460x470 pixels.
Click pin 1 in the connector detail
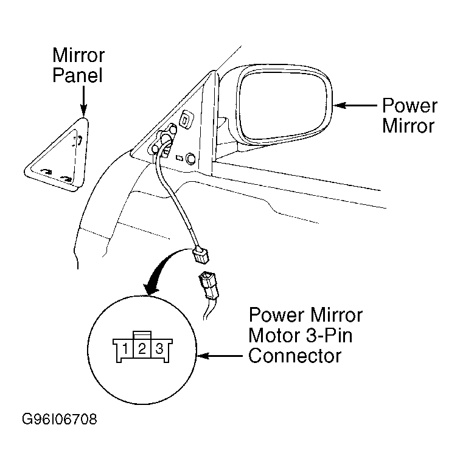coord(125,348)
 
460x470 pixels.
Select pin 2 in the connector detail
coord(142,348)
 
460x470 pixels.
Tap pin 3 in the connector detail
coord(159,348)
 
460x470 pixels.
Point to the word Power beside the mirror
coord(409,106)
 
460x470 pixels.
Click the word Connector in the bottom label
coord(294,356)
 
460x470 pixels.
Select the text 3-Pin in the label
coord(329,335)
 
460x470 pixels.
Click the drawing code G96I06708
coord(60,419)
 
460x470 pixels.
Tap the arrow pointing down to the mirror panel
coord(83,101)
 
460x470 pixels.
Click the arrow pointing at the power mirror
coord(355,105)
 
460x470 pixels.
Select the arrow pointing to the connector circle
coord(220,356)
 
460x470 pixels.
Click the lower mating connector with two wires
coord(209,286)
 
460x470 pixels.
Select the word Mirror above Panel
coord(78,55)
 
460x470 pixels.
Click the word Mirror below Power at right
coord(408,126)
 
